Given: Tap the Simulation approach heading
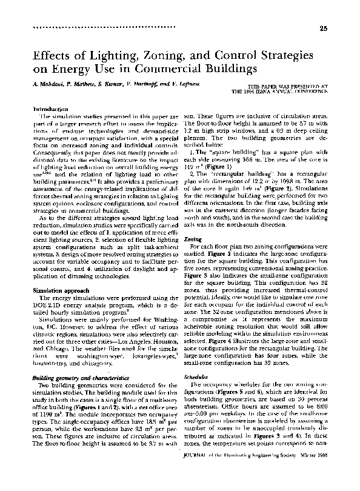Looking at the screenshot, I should (58, 290).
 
